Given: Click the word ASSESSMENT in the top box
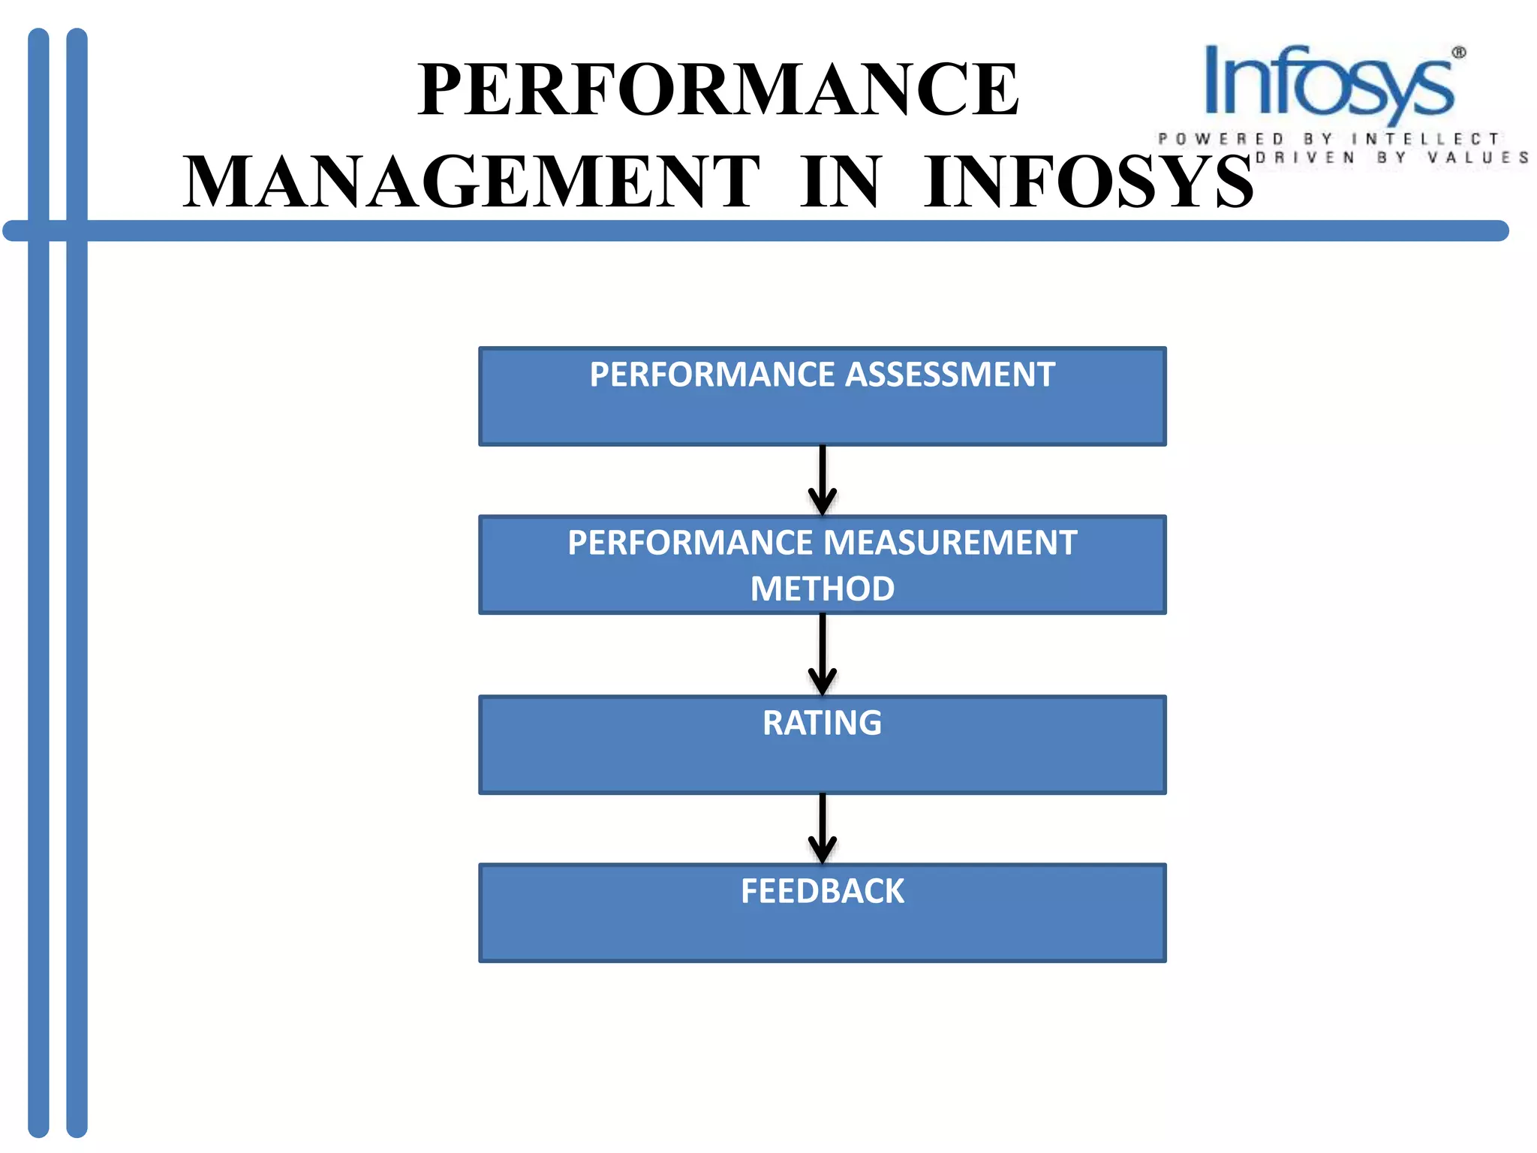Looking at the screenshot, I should tap(950, 375).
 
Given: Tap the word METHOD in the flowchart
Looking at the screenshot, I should tap(823, 589).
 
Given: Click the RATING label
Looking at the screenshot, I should tap(823, 723).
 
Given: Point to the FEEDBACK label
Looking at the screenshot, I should tap(823, 892).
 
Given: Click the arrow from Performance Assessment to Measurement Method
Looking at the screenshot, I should tap(823, 480).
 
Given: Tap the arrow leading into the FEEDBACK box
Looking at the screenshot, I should tap(823, 829).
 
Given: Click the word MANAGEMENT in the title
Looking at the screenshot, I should tap(471, 182).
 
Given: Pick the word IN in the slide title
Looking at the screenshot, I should tap(840, 182).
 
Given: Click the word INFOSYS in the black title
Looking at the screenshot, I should tap(1088, 182).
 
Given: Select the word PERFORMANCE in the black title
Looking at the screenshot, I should tap(718, 90).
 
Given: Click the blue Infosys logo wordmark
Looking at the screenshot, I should tap(1328, 83).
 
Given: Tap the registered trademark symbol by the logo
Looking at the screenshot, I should tap(1459, 53).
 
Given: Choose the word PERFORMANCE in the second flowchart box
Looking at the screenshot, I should tap(690, 543).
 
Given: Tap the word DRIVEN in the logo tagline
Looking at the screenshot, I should tap(1305, 158).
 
